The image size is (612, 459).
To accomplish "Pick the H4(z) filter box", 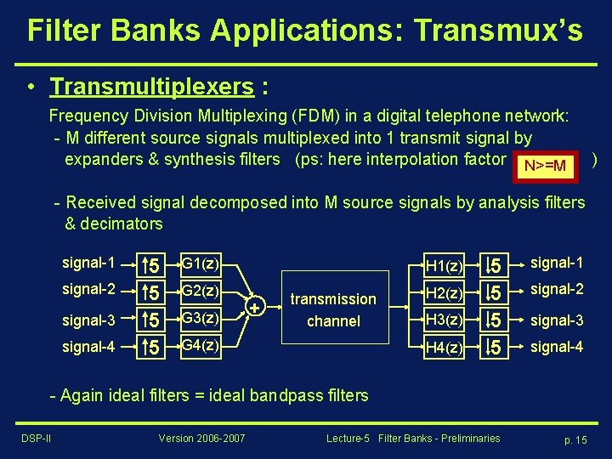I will click(x=445, y=347).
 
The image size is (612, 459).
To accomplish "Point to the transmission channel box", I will click(x=333, y=309).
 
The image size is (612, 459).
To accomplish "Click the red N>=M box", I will click(x=545, y=164).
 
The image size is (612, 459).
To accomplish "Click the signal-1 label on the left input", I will click(x=88, y=263).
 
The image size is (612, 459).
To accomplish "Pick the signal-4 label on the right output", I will click(x=556, y=347).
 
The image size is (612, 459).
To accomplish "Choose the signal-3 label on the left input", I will click(x=88, y=320).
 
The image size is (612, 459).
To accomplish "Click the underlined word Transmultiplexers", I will click(x=151, y=87).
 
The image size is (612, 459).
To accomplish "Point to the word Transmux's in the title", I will click(x=499, y=31).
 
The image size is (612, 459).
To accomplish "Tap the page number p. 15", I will click(x=575, y=439).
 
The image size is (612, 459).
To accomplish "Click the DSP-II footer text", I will click(x=35, y=438).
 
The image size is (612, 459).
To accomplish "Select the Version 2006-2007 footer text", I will click(x=202, y=438).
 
